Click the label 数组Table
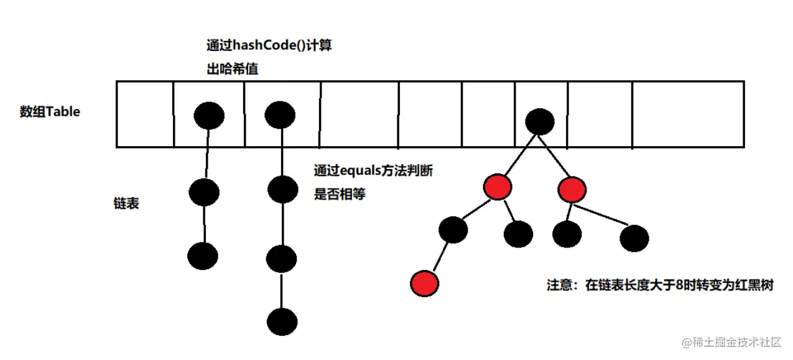[x=50, y=113]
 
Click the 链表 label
[x=126, y=203]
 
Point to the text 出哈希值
[x=232, y=70]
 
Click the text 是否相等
[x=340, y=194]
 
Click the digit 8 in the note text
[x=679, y=287]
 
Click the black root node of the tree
[x=539, y=121]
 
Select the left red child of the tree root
[x=497, y=187]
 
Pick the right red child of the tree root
[x=572, y=189]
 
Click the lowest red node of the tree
[x=425, y=283]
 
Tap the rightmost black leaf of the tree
[x=634, y=239]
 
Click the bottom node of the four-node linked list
[x=282, y=321]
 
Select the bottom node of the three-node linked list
[x=203, y=256]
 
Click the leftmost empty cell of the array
[x=144, y=114]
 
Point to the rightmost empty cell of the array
[x=688, y=114]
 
